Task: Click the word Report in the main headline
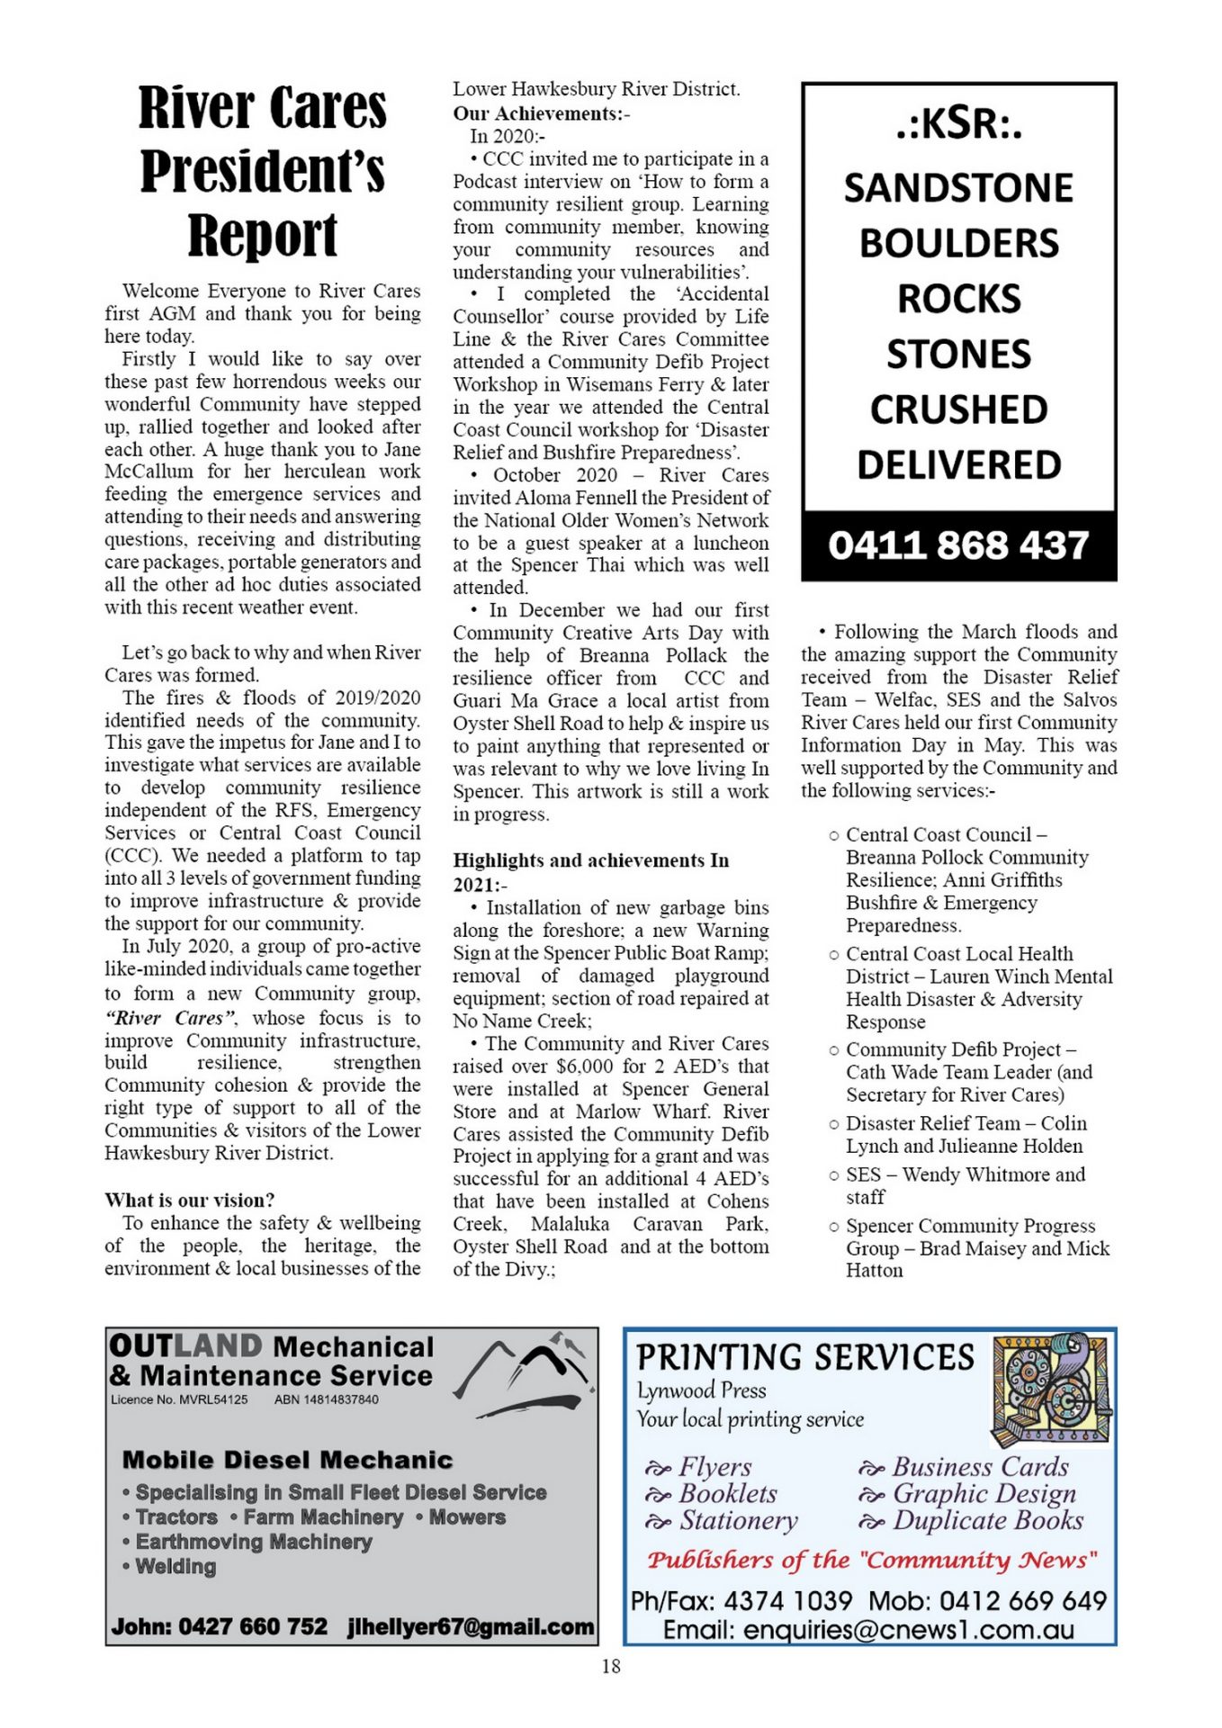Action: pyautogui.click(x=263, y=236)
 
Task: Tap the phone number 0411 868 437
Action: pyautogui.click(x=958, y=545)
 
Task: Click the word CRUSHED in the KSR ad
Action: pyautogui.click(x=958, y=409)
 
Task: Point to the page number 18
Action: pyautogui.click(x=611, y=1666)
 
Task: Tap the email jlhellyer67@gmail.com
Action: pyautogui.click(x=471, y=1626)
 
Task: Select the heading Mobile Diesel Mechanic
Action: pyautogui.click(x=287, y=1460)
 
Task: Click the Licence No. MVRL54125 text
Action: pyautogui.click(x=179, y=1399)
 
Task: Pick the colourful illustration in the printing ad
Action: pyautogui.click(x=1050, y=1390)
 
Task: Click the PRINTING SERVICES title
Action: pyautogui.click(x=805, y=1357)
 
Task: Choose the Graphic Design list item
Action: pyautogui.click(x=984, y=1493)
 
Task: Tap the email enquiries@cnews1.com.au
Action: pyautogui.click(x=868, y=1629)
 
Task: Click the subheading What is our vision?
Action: pyautogui.click(x=190, y=1200)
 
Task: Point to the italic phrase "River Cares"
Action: pyautogui.click(x=171, y=1018)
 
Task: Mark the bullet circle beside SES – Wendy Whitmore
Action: pyautogui.click(x=834, y=1175)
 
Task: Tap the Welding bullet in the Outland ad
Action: pyautogui.click(x=175, y=1567)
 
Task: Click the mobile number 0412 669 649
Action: pyautogui.click(x=1022, y=1601)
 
